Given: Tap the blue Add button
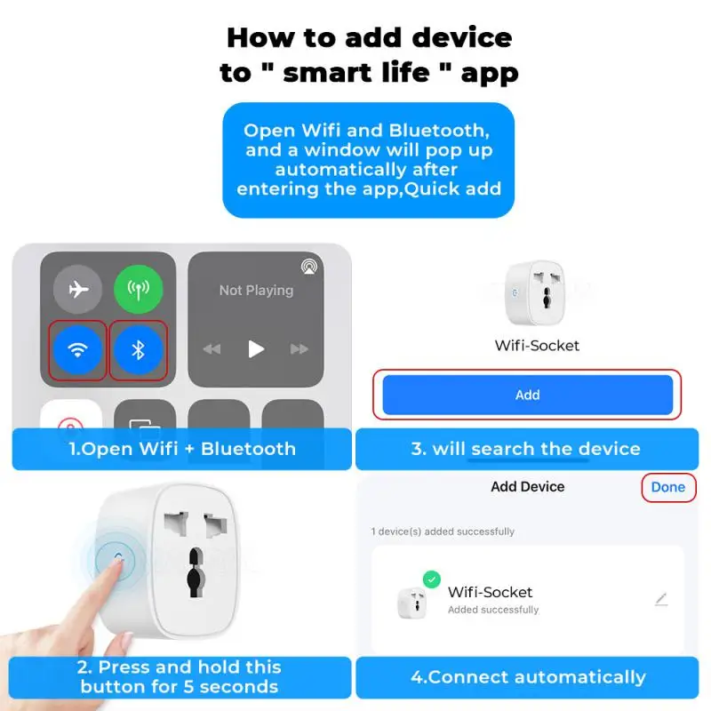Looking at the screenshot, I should coord(527,395).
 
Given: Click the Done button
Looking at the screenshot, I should coord(667,487).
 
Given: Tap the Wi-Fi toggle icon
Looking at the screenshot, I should coord(78,349).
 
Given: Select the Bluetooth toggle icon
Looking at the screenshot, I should coord(138,349).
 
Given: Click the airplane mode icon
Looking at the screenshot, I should coord(78,290).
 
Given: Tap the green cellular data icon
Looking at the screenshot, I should coord(138,290).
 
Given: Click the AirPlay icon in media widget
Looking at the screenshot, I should coord(308,265).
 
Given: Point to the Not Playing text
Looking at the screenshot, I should coord(256,291).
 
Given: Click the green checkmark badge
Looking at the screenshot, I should coord(432,579).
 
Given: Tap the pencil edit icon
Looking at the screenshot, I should coord(660,600).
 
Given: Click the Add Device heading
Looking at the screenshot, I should coord(527,487).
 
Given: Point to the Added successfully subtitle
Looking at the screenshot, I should coord(493,610).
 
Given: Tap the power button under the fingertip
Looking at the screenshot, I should coord(119,557).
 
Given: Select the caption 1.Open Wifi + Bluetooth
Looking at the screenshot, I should coord(182,449).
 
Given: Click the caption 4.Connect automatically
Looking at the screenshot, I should coord(528,677).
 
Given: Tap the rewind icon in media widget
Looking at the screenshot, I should coord(212,349).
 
